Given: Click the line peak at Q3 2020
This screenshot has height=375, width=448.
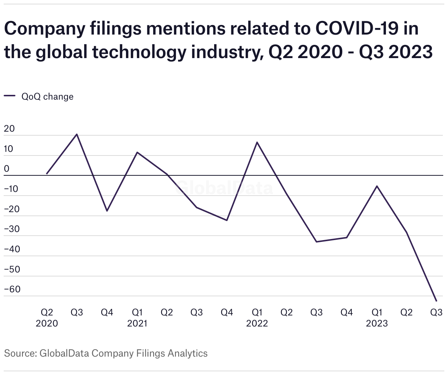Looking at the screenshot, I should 77,134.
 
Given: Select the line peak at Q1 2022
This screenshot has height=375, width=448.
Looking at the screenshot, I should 257,142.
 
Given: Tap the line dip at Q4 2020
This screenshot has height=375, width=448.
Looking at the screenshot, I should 107,211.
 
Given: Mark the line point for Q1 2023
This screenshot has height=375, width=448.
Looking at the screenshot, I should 377,186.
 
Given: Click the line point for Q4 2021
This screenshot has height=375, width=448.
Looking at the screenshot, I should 227,220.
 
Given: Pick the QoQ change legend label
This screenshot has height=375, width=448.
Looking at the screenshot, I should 47,97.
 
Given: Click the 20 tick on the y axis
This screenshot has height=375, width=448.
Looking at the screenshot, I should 9,129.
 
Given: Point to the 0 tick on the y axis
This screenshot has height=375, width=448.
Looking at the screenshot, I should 6,169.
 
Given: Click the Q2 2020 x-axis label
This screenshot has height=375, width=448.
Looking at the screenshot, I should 47,318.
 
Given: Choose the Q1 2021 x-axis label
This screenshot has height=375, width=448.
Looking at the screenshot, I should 137,318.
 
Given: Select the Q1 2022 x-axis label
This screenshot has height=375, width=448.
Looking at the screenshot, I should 257,318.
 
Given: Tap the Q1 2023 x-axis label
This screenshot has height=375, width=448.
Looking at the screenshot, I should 377,318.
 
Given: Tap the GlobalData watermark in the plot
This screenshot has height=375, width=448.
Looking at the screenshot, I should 224,188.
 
